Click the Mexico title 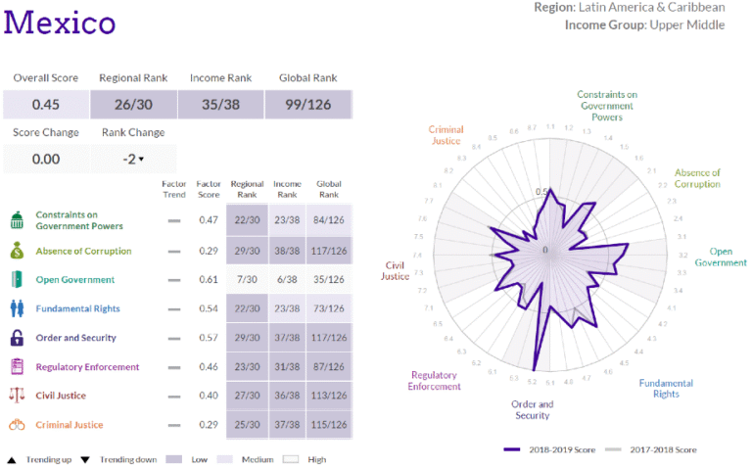coord(60,22)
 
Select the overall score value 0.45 coord(46,104)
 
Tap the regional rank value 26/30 coord(132,104)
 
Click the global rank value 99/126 coord(307,104)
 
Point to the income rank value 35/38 coord(219,104)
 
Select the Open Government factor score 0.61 coord(208,279)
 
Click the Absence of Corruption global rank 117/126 coord(328,251)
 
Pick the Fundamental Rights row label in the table coord(77,308)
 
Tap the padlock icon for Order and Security coord(17,338)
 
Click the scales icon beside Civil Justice coord(17,396)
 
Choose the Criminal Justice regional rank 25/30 coord(246,424)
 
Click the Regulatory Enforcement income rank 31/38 coord(287,366)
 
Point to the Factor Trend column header coord(174,188)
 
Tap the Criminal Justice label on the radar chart coord(446,135)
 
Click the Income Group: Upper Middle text coord(644,24)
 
